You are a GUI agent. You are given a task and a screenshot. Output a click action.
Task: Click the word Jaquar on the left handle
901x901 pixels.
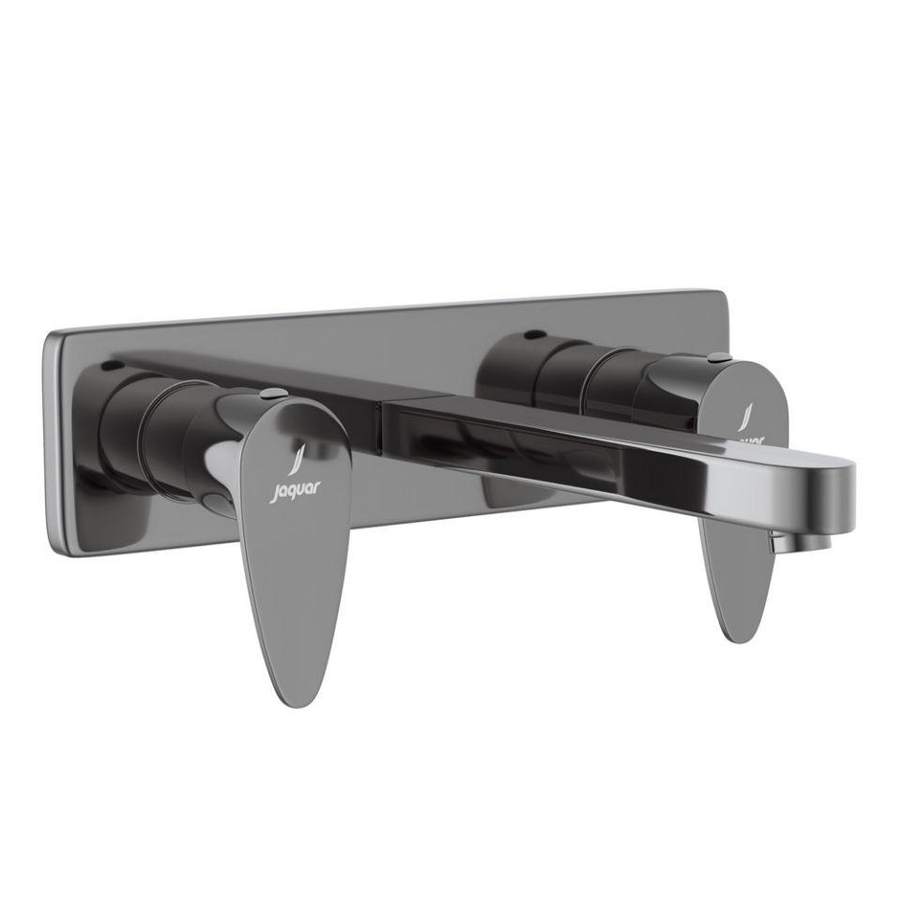tap(296, 489)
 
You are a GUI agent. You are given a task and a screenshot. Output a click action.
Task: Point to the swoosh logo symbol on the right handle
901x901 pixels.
tap(747, 417)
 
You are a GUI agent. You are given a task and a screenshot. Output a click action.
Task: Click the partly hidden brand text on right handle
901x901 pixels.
tap(748, 437)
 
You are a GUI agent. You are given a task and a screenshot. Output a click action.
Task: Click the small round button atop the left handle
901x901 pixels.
tap(273, 392)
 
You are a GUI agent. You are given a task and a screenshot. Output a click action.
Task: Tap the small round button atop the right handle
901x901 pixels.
tap(717, 357)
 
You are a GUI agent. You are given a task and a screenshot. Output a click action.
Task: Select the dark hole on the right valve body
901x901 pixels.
tap(534, 334)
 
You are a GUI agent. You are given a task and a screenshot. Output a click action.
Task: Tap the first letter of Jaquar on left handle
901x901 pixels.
tap(275, 492)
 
